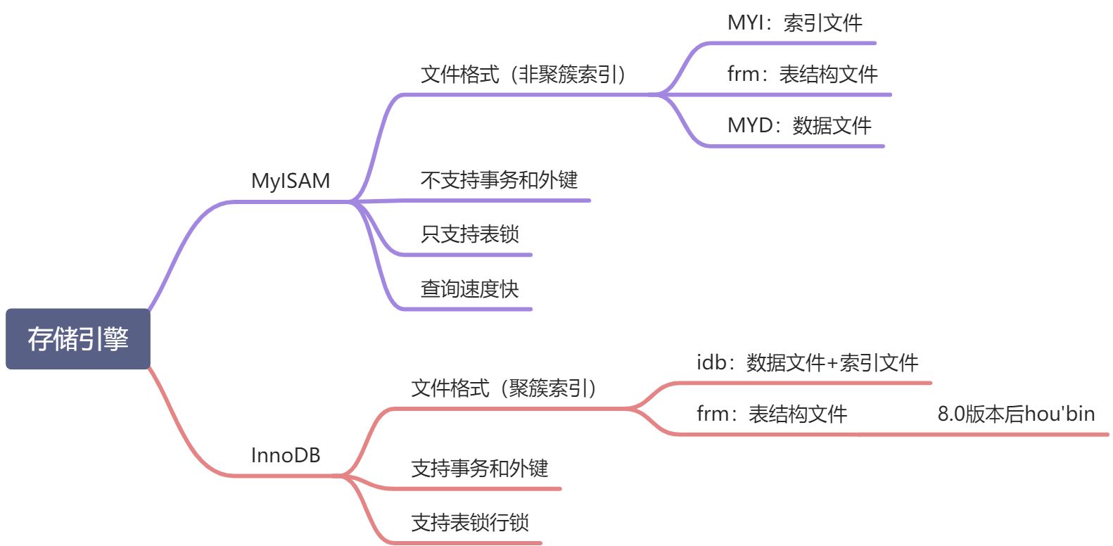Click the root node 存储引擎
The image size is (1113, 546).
[x=78, y=338]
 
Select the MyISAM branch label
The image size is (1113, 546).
[x=291, y=181]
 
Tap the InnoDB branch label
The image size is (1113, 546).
[x=286, y=455]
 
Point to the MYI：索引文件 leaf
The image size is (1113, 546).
[x=794, y=23]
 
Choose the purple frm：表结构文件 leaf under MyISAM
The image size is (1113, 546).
[x=802, y=74]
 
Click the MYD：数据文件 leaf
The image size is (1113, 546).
[x=799, y=125]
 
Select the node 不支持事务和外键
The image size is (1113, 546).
[x=499, y=180]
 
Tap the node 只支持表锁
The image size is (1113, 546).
[x=470, y=234]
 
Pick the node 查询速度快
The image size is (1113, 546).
[x=469, y=288]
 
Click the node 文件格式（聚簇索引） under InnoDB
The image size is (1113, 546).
[x=504, y=388]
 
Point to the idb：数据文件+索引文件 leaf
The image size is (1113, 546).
[x=807, y=362]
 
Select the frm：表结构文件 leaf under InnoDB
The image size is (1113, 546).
[x=772, y=414]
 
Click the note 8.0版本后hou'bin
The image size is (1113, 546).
[x=1016, y=414]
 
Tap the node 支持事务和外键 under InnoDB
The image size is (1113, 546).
[x=479, y=468]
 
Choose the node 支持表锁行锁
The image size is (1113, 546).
[x=470, y=522]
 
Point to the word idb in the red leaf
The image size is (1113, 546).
[x=711, y=362]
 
